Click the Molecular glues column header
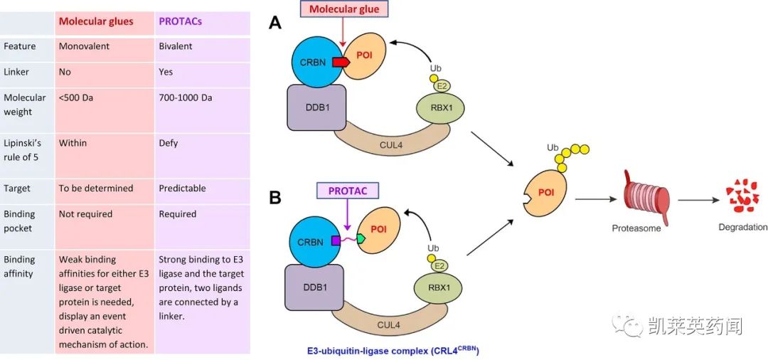(96, 21)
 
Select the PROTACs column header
(181, 21)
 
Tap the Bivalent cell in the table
(176, 46)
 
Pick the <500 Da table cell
(76, 97)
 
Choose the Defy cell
(169, 143)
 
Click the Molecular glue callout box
(344, 9)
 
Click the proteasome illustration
(636, 198)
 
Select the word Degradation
(742, 228)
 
